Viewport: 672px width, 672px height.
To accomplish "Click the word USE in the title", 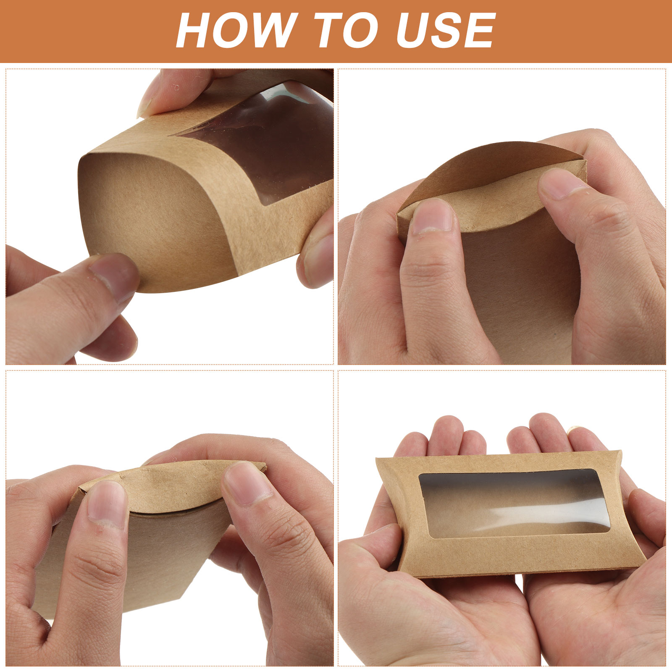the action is (446, 31).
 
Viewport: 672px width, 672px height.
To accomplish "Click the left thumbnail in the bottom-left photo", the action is (107, 504).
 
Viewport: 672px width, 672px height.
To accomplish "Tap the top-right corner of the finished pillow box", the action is (621, 451).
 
